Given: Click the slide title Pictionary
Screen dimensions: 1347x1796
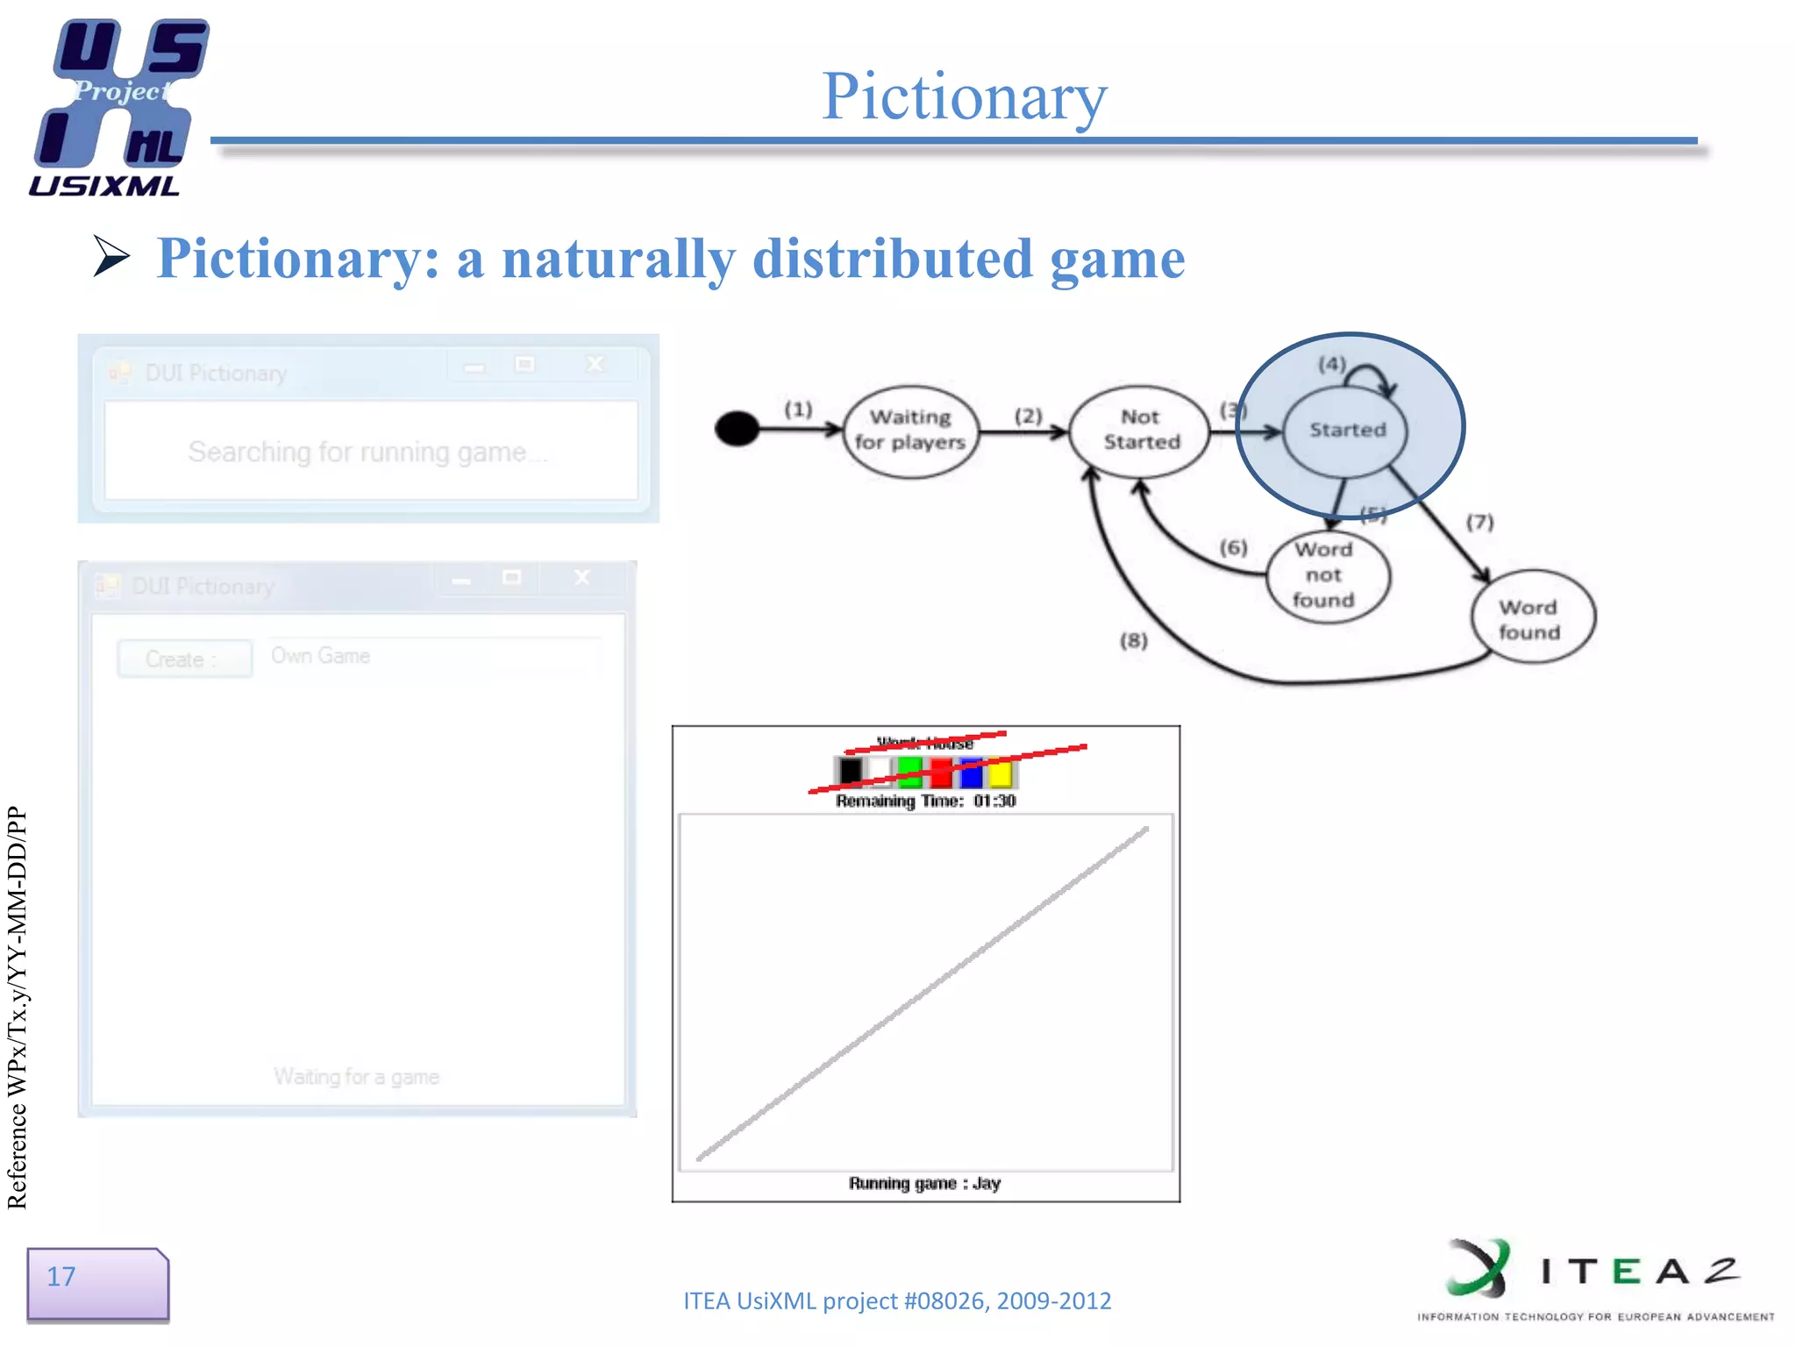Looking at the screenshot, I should point(964,96).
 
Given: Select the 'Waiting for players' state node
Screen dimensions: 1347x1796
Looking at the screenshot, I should point(910,431).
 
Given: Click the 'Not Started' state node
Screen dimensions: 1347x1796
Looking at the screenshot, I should point(1140,431).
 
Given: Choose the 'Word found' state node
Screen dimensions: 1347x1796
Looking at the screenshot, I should point(1531,619).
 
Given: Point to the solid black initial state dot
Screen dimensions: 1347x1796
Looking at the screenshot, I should point(737,429).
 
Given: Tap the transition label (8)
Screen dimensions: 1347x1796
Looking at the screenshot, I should point(1133,641).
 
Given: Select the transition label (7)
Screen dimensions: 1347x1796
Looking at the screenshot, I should point(1479,523).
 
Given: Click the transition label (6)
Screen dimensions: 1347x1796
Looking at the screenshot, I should point(1233,548).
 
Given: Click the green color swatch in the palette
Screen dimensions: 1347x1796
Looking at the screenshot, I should point(910,772).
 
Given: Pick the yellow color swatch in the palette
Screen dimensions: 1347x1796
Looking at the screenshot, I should point(1000,773).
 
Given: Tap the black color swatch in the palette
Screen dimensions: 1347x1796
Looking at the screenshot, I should point(850,772).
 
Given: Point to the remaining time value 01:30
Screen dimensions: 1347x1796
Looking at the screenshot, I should point(994,801).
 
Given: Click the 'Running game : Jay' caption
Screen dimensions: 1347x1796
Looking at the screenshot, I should point(924,1183).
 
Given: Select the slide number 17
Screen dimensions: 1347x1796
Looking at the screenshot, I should point(61,1277).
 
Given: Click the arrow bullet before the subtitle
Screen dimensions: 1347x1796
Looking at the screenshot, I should point(111,257).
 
